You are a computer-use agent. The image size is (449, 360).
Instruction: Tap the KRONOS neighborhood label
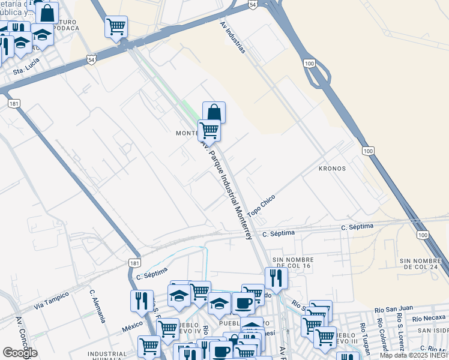click(333, 169)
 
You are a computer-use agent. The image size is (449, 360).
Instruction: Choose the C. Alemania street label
click(97, 307)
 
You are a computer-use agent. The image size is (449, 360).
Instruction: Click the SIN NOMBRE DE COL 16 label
click(294, 263)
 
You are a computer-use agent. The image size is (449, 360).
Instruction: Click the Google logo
click(20, 353)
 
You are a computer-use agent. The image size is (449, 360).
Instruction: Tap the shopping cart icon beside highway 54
click(116, 26)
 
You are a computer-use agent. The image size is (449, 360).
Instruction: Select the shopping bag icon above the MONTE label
click(214, 112)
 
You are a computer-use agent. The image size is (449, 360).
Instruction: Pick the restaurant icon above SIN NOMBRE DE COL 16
click(276, 277)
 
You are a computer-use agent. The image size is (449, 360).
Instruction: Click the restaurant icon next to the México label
click(142, 300)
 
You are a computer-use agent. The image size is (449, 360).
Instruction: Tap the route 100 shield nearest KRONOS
click(367, 149)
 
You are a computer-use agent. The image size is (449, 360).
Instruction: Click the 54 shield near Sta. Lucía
click(91, 60)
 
